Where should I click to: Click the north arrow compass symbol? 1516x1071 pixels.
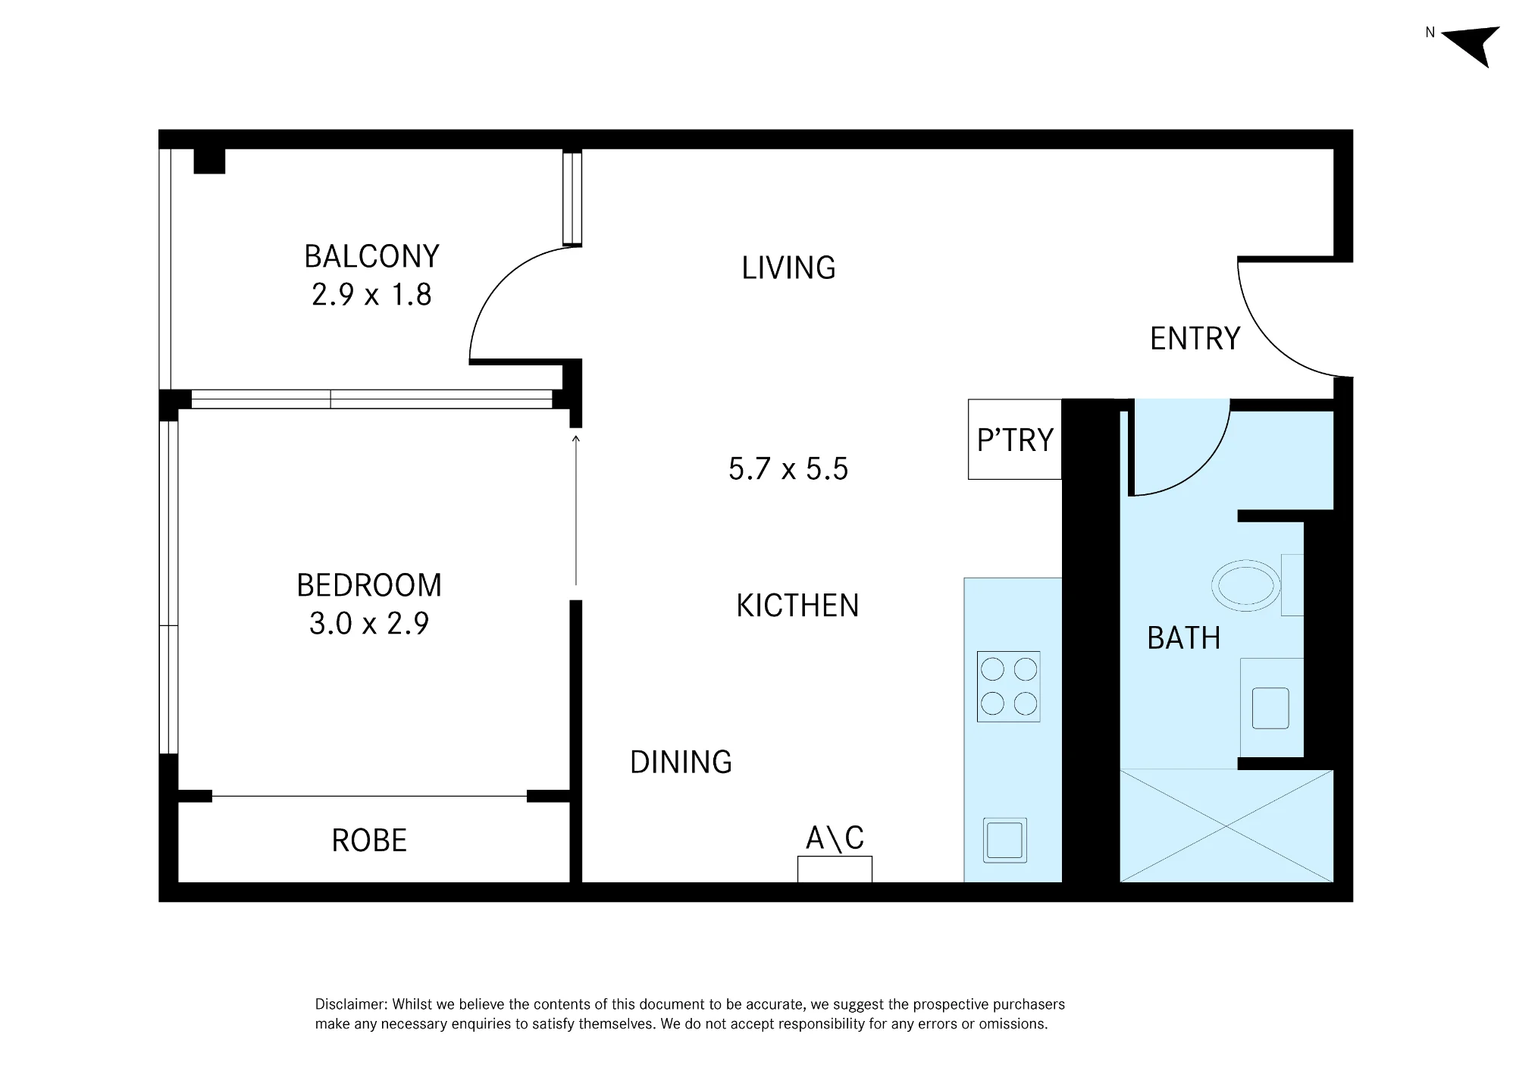click(1472, 44)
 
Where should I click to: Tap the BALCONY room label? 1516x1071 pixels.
click(371, 256)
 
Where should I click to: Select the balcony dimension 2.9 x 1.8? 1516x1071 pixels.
click(371, 294)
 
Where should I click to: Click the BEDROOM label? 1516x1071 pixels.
click(369, 585)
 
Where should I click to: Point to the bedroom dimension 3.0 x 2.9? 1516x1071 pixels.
click(369, 623)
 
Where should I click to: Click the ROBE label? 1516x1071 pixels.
click(369, 840)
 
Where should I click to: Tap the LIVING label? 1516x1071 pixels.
click(788, 268)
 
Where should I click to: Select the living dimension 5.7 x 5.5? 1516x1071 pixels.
click(788, 468)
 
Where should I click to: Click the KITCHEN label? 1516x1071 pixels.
click(797, 606)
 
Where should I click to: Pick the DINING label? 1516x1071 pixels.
click(681, 762)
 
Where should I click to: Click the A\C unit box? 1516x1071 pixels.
click(835, 869)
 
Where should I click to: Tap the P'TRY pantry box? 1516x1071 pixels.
click(1015, 440)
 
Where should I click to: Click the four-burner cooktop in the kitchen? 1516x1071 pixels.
click(1008, 687)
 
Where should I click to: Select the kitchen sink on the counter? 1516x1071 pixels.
click(1005, 840)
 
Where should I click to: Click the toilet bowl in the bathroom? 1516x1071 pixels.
click(1246, 586)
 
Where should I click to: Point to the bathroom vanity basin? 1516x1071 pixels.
click(1270, 708)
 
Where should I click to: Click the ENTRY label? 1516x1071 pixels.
click(1195, 338)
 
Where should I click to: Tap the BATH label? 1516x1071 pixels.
click(1184, 637)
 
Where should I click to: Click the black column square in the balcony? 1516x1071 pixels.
click(209, 161)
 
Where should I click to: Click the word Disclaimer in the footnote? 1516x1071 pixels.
click(351, 1004)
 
